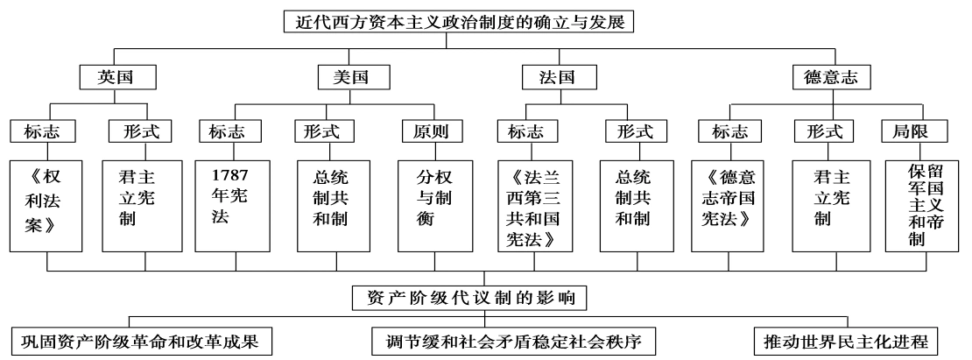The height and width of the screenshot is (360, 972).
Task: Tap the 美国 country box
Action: pyautogui.click(x=342, y=76)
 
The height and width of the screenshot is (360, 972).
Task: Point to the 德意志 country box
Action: pyautogui.click(x=825, y=76)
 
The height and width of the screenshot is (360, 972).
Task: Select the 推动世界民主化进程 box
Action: pyautogui.click(x=846, y=339)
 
